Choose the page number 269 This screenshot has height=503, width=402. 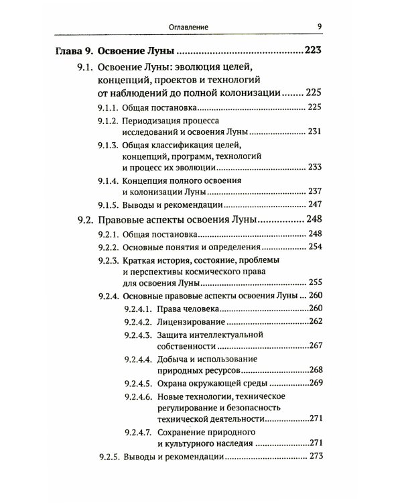(x=316, y=383)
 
